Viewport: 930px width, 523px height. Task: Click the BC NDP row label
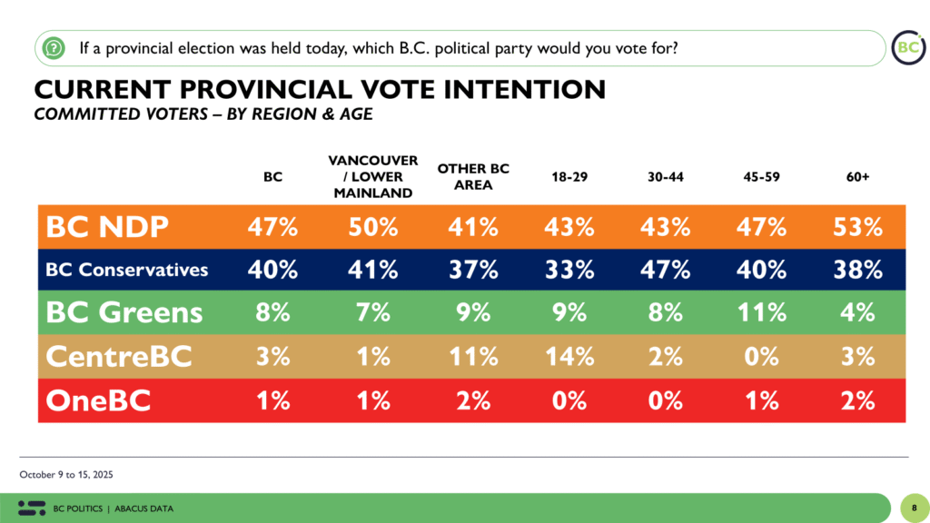[108, 227]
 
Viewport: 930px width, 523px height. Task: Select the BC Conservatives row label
[127, 270]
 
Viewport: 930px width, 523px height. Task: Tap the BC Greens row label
[124, 312]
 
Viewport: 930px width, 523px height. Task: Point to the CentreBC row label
[119, 356]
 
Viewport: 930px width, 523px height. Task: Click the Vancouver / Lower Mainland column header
[373, 176]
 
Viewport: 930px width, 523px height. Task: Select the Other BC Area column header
[473, 177]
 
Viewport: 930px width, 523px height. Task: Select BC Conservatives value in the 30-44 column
[665, 270]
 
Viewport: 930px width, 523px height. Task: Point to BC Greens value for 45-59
[761, 312]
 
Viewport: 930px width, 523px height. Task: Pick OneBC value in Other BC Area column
[473, 399]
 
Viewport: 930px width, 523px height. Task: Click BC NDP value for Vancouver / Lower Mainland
[373, 227]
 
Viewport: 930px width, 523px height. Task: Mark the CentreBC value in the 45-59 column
[761, 356]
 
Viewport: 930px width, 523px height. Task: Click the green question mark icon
[54, 46]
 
